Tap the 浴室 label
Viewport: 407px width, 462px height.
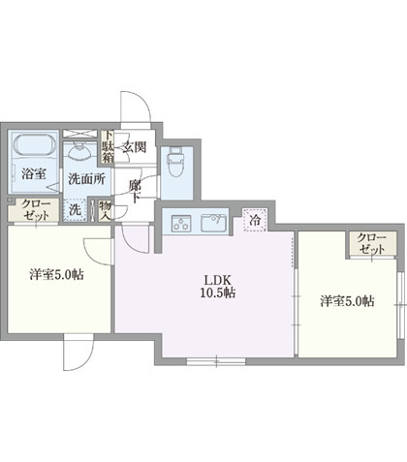point(35,175)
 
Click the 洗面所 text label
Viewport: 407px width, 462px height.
point(85,179)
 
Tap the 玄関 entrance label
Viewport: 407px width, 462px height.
point(134,147)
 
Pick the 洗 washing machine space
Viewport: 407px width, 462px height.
point(75,208)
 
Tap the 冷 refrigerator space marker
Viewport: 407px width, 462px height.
point(255,221)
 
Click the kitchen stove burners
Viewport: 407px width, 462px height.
point(179,225)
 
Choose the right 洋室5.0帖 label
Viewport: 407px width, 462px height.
point(347,301)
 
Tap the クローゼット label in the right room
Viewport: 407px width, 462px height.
point(370,243)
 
